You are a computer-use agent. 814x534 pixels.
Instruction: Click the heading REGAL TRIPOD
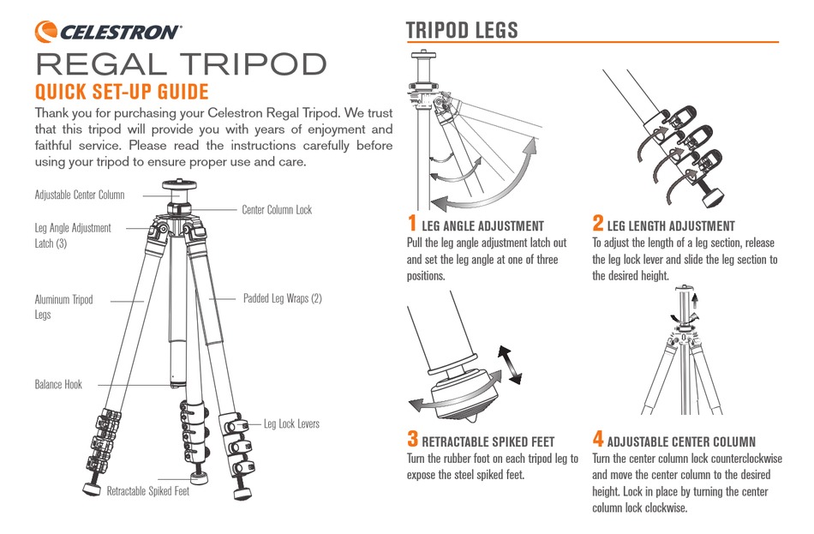(181, 65)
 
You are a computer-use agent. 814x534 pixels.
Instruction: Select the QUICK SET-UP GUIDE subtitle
(121, 92)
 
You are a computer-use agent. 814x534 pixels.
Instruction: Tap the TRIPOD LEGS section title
(462, 31)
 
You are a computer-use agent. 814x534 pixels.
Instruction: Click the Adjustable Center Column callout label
(80, 195)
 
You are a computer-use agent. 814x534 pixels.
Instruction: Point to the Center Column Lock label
(277, 209)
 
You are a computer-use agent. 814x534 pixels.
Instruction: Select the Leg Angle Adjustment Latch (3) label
(73, 236)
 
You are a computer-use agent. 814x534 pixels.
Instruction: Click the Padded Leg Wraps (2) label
(283, 299)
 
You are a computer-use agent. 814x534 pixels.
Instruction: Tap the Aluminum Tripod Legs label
(63, 307)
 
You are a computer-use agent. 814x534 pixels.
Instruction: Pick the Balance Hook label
(58, 385)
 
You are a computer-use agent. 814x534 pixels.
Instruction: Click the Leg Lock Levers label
(291, 423)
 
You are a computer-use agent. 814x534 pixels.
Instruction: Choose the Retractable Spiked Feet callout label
(147, 491)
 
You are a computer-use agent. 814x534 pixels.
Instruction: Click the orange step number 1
(412, 224)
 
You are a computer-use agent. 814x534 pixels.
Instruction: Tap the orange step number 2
(598, 224)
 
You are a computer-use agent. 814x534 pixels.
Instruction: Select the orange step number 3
(413, 440)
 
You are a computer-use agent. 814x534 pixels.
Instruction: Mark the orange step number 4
(598, 440)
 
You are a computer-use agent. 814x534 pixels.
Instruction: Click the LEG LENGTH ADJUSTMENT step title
(671, 226)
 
